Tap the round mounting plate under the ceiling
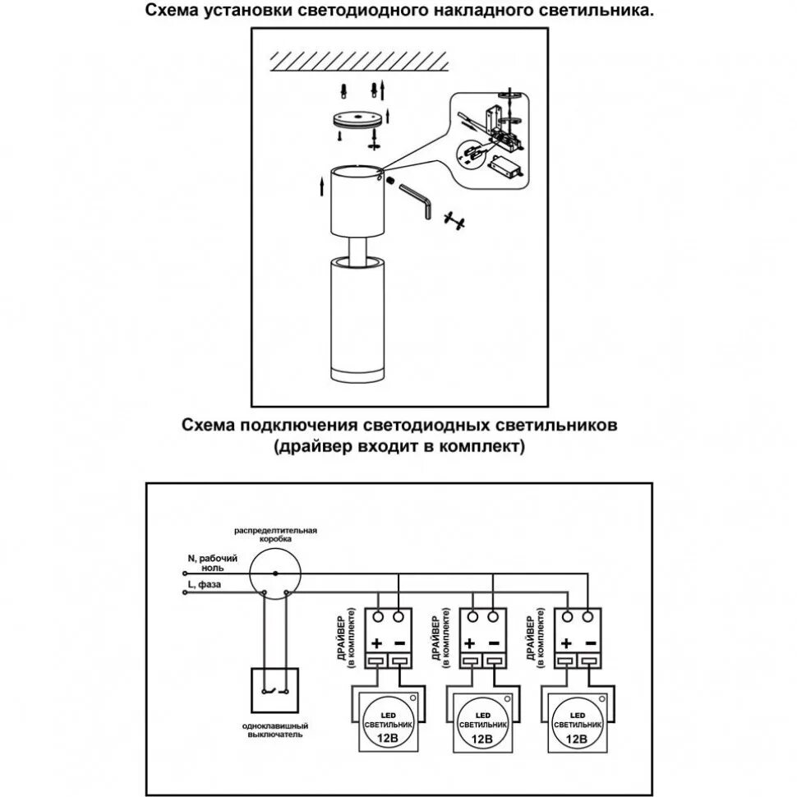coord(357,120)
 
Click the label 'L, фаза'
coord(204,585)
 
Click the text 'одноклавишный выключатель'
coord(275,730)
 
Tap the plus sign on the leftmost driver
coord(376,643)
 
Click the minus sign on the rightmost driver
coord(591,643)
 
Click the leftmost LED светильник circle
coord(388,721)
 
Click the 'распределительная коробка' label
coord(275,534)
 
